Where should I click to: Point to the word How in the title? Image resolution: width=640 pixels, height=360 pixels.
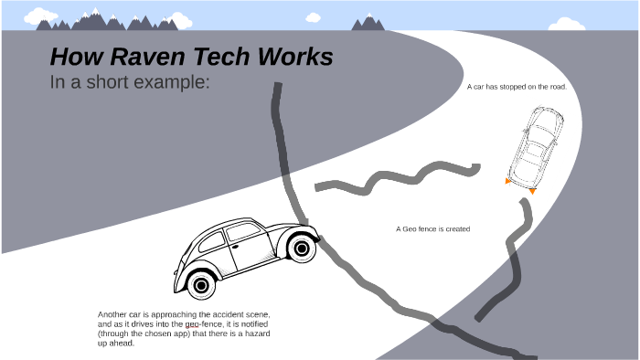(71, 58)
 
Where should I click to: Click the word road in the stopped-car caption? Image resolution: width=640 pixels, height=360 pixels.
(558, 87)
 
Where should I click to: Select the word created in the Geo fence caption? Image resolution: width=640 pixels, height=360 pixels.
(455, 229)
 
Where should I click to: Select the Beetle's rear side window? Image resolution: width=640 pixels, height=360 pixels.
(211, 243)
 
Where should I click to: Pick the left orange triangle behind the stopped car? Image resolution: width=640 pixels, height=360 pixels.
(508, 182)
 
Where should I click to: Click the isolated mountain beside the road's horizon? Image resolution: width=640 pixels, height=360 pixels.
(368, 22)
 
